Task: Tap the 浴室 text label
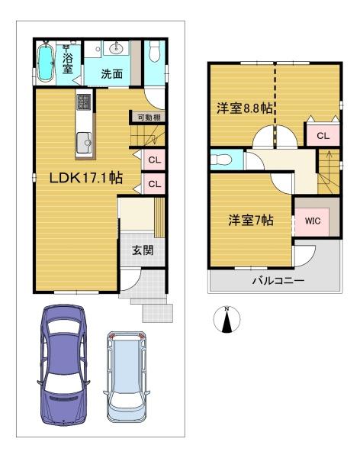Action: [x=68, y=63]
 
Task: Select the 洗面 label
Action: [x=113, y=75]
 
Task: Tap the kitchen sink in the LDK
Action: [x=83, y=140]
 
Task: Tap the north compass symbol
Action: [x=227, y=319]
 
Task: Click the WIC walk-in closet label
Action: [x=311, y=221]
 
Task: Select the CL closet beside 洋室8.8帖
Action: [x=322, y=136]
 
